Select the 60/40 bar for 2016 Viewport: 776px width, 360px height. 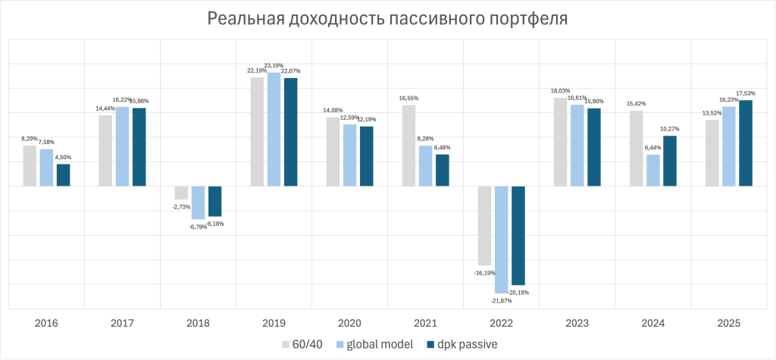tap(30, 166)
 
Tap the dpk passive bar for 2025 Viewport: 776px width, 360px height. tap(746, 143)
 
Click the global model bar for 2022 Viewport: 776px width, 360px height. tap(502, 239)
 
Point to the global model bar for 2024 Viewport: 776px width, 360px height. tap(653, 171)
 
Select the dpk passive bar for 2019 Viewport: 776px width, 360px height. tap(291, 132)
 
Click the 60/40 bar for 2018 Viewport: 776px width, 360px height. tap(181, 193)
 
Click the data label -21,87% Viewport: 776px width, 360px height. tap(501, 301)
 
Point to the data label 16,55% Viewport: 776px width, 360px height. tap(408, 98)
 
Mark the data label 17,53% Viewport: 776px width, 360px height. tap(746, 93)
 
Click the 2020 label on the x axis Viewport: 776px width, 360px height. tap(349, 323)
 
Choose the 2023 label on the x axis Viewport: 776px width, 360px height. tap(577, 323)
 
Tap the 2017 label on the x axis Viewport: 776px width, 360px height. tap(122, 323)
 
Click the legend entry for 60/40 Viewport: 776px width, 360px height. tap(308, 344)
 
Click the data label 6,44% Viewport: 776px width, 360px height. tap(653, 148)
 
